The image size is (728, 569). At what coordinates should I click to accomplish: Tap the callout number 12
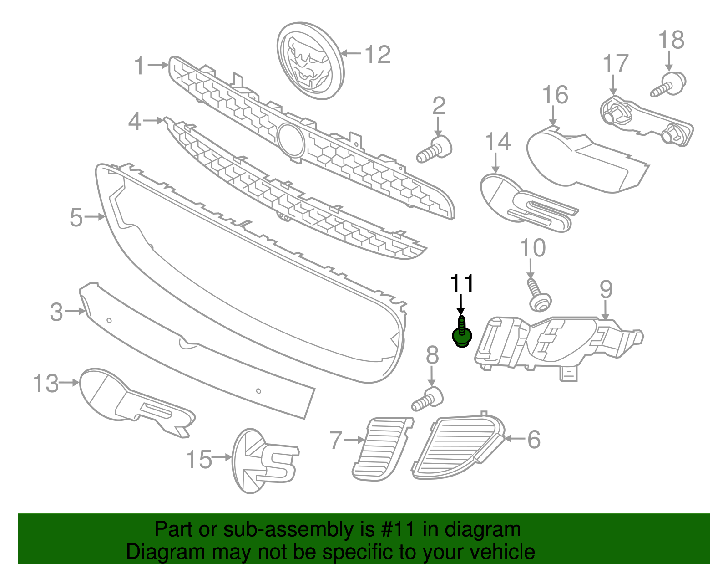click(x=378, y=55)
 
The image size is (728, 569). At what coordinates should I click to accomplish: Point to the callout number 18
click(x=671, y=40)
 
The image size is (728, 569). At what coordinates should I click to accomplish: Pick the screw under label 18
click(x=669, y=85)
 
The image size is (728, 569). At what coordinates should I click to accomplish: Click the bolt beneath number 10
click(x=538, y=296)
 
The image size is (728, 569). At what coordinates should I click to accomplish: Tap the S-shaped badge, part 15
click(x=264, y=461)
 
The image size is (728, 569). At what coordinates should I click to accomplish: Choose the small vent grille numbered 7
click(x=381, y=448)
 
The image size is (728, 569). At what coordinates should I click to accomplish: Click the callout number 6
click(x=534, y=440)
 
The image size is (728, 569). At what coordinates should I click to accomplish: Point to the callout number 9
click(x=606, y=289)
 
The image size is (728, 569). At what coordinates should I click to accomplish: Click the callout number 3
click(x=56, y=312)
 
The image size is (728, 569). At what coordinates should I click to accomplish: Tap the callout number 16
click(x=555, y=95)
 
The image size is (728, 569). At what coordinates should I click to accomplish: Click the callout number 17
click(x=616, y=64)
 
